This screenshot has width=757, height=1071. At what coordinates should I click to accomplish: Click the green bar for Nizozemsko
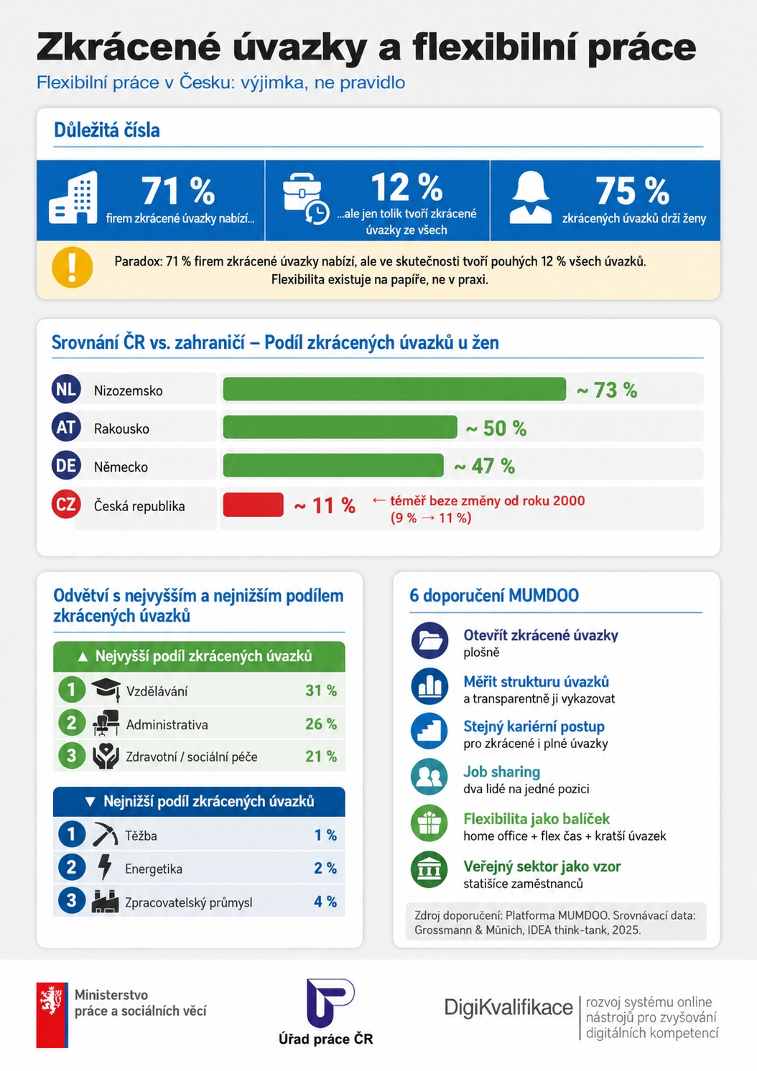coord(394,389)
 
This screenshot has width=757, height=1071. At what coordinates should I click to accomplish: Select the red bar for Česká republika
coord(253,505)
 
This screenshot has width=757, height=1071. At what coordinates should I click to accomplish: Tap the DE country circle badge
coord(66,464)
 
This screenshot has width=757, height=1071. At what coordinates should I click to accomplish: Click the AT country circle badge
coord(66,426)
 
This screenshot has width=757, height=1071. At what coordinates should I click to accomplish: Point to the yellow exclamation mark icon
coord(73,267)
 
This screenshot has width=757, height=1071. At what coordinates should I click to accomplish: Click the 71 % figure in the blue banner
coord(178,190)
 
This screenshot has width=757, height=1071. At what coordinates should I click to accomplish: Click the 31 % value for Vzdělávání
coord(321,691)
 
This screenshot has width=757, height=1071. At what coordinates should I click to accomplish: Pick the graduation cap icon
coord(106,689)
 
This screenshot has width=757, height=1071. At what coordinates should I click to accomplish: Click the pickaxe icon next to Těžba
coord(105,834)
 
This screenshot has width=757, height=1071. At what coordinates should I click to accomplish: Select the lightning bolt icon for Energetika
coord(105,867)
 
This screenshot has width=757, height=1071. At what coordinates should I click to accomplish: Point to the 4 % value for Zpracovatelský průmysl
coord(325,902)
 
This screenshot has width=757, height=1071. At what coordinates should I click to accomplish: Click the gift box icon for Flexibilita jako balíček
coord(429,823)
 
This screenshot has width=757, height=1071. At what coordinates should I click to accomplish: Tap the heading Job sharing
coord(501,772)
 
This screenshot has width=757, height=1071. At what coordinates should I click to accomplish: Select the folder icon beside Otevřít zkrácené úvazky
coord(429,640)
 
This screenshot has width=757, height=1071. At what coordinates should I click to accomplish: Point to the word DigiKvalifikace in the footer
coord(508,1007)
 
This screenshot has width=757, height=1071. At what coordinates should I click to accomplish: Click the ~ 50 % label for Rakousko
coord(496,428)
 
